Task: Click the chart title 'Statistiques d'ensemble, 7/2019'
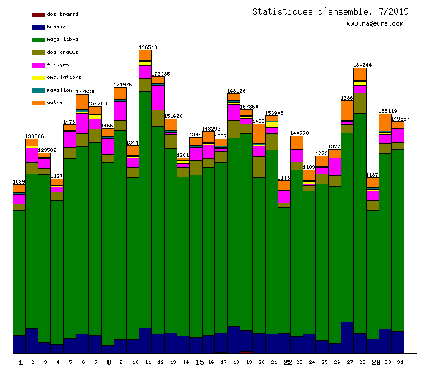click(x=322, y=11)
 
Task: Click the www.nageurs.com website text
click(x=375, y=24)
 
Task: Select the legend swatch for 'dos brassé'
click(x=38, y=14)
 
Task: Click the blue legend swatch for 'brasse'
click(x=38, y=27)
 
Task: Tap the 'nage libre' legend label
click(x=62, y=39)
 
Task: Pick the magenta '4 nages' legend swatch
click(x=38, y=64)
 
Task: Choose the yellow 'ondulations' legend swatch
click(x=38, y=77)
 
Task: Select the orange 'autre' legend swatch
click(x=38, y=102)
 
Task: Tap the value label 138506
click(x=34, y=136)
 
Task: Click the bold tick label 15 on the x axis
click(x=199, y=362)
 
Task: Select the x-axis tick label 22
click(x=287, y=362)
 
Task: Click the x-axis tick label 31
click(x=400, y=362)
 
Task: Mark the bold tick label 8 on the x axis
click(x=109, y=362)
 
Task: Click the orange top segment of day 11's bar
click(x=145, y=55)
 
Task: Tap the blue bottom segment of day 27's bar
click(x=347, y=338)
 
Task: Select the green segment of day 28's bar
click(x=360, y=221)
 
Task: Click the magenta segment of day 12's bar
click(x=158, y=98)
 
